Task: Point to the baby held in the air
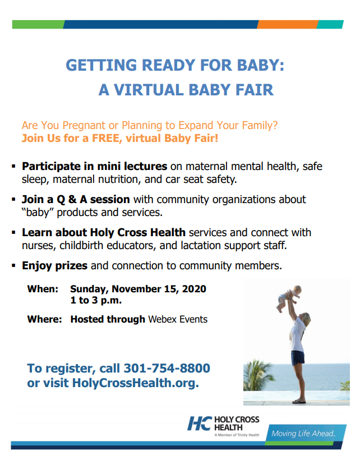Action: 290,300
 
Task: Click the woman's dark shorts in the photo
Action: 297,357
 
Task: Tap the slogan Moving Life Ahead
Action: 303,434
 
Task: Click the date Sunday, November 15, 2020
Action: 138,289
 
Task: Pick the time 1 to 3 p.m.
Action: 96,301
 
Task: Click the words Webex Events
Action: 178,319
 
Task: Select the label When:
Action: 43,289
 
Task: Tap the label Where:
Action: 44,319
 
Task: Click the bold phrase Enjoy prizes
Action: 55,265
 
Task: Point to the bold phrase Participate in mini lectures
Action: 94,167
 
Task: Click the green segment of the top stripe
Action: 37,24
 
